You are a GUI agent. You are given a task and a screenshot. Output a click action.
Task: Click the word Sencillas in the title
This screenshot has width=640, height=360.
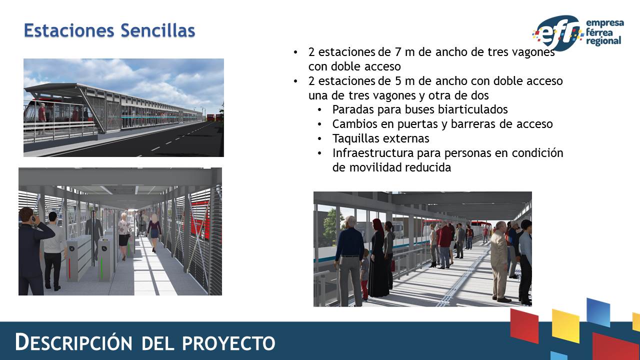[x=157, y=30]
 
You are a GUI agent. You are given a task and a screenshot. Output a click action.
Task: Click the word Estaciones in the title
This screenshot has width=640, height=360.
[x=69, y=30]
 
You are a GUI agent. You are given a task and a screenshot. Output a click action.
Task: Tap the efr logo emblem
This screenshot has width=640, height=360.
[x=557, y=33]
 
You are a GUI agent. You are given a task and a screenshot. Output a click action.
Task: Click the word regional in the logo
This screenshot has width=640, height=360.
[x=603, y=41]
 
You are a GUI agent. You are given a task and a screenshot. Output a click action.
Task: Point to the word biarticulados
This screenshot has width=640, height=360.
[x=472, y=109]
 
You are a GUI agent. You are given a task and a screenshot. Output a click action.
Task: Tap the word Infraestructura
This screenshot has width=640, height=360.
[x=373, y=153]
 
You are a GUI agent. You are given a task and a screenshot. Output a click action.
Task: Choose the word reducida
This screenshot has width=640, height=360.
[x=428, y=167]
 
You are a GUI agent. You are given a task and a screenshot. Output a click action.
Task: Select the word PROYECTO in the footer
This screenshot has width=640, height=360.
[x=228, y=343]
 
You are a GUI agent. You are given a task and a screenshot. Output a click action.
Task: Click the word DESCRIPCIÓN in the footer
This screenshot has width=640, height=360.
[x=73, y=342]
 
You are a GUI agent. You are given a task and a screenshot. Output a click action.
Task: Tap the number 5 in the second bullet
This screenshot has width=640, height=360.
[x=398, y=81]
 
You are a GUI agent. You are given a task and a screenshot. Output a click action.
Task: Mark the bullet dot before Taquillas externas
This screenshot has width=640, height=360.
[x=319, y=139]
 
